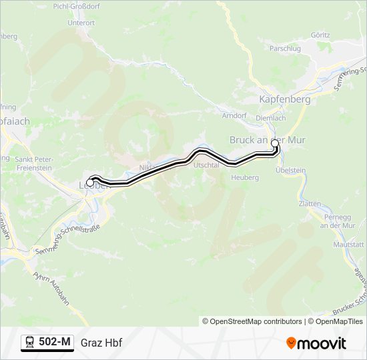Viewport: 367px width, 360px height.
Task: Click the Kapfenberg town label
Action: tap(284, 99)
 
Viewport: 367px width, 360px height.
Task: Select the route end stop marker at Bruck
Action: tap(274, 143)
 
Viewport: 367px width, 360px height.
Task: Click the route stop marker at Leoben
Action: tap(90, 182)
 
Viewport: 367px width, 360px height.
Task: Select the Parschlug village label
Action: tap(285, 49)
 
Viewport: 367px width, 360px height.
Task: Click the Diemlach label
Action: tap(271, 118)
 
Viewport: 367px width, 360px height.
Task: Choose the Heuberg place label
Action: tap(244, 177)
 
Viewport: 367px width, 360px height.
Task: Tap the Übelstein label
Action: tap(291, 171)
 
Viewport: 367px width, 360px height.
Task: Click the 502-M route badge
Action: tap(47, 343)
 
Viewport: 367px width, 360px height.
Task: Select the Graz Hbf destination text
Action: tap(101, 343)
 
